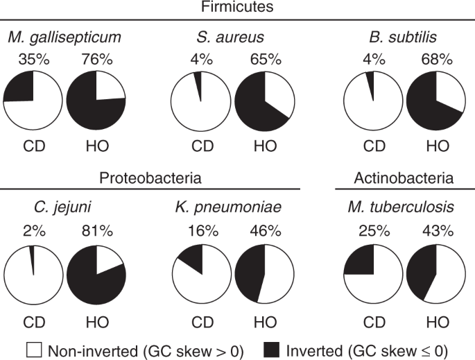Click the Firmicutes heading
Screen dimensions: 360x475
click(x=236, y=10)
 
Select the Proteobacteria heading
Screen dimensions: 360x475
click(x=150, y=178)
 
